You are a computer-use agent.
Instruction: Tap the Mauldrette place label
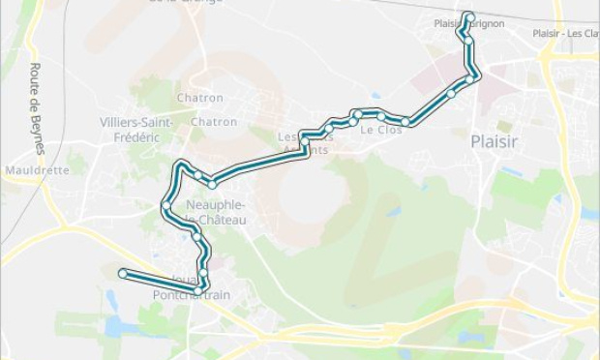[37, 169]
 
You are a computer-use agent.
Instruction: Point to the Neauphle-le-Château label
[215, 213]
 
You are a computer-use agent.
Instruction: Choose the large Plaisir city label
[494, 141]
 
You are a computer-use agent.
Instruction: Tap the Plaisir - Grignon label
[470, 24]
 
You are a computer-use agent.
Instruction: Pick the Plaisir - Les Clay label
[565, 33]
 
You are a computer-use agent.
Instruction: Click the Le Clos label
[380, 130]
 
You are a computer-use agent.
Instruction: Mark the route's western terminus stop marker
[123, 274]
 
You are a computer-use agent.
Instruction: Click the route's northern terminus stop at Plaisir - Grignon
[469, 15]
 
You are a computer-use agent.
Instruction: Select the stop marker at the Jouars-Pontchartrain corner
[198, 289]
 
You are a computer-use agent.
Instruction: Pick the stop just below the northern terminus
[468, 41]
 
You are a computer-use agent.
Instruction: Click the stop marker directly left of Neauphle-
[166, 205]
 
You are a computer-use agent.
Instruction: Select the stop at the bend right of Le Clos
[406, 122]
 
